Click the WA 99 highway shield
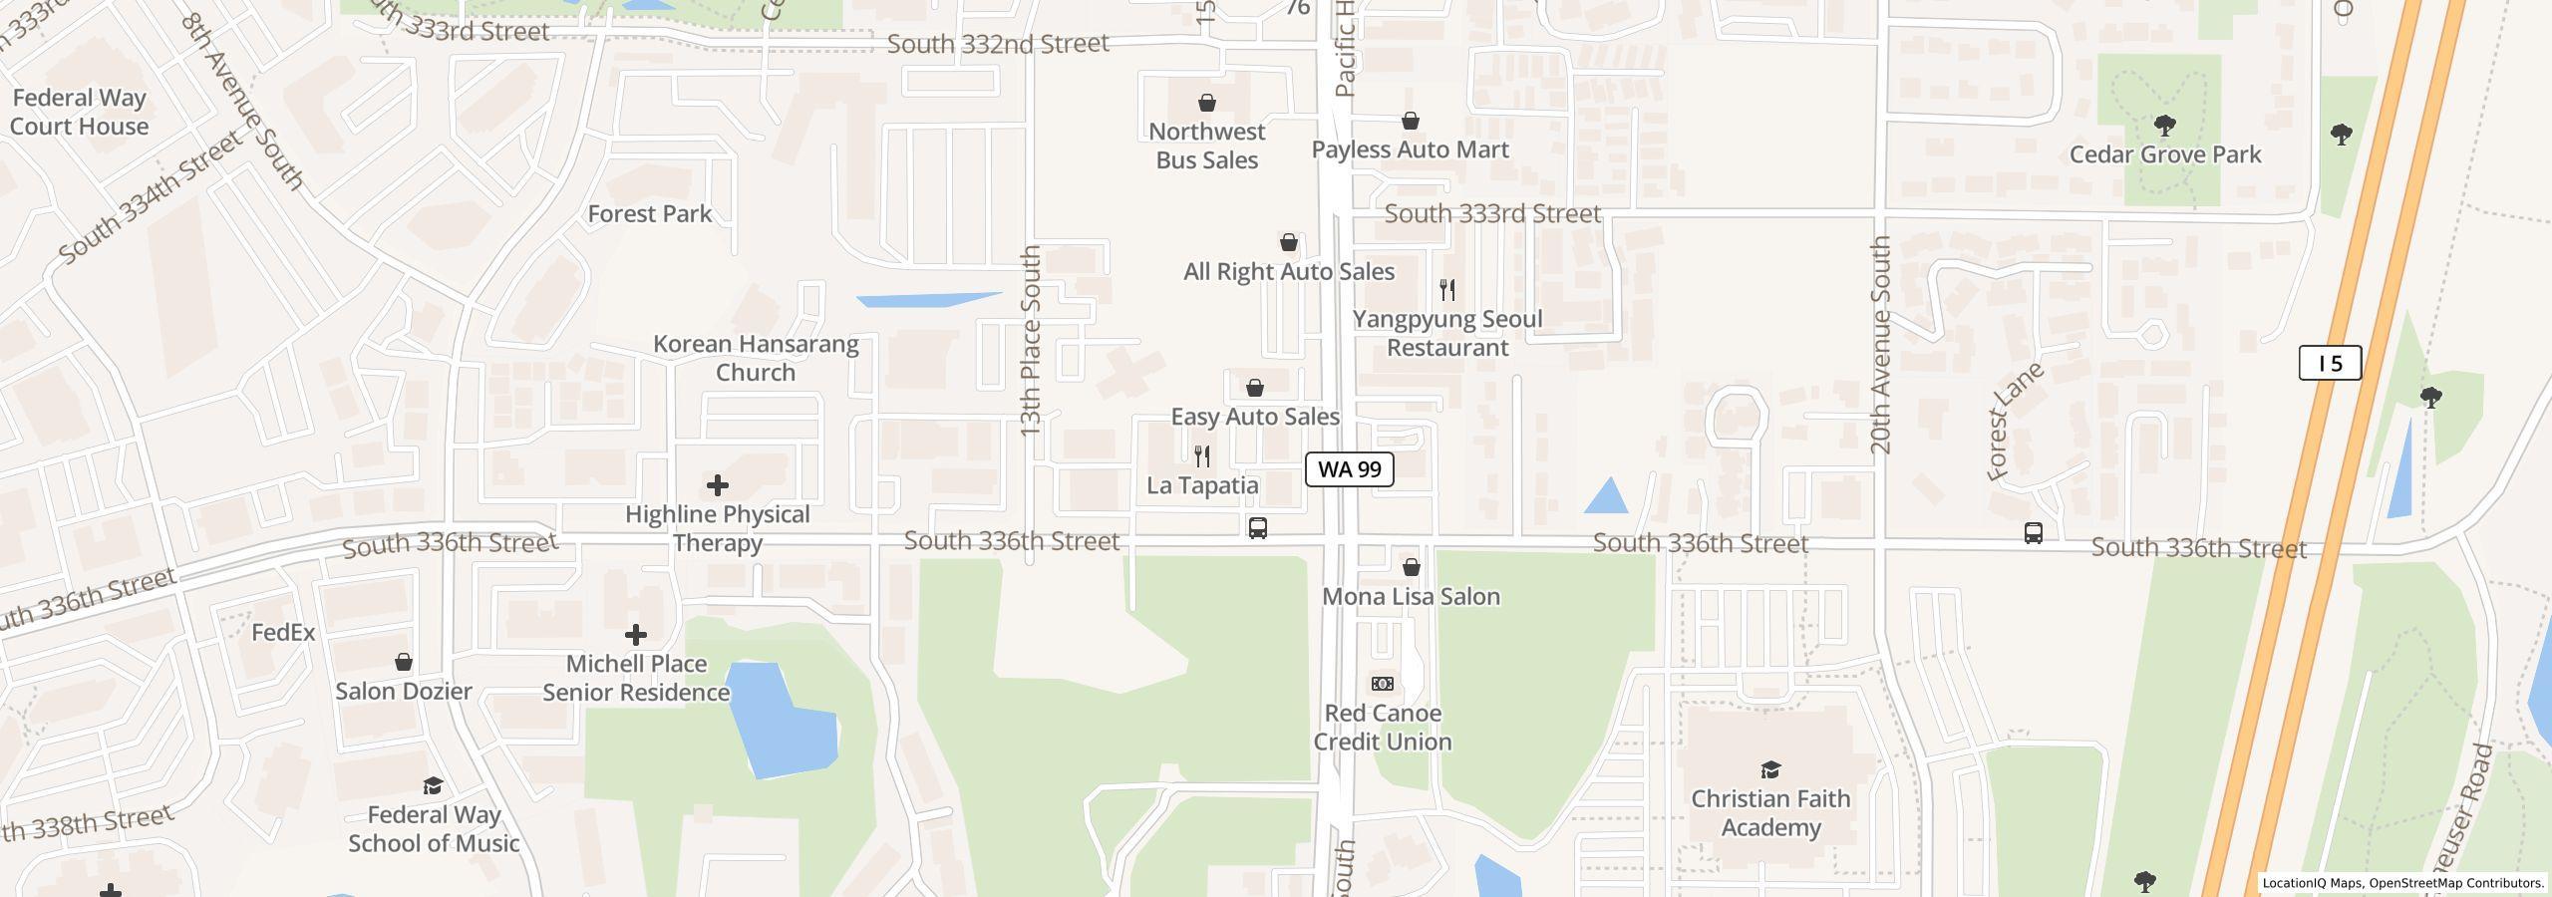(1349, 469)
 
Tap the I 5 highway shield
(2329, 363)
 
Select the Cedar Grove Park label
(2164, 154)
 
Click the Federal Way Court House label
(79, 112)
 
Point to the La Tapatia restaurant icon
(1202, 456)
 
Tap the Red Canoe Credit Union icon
(1382, 684)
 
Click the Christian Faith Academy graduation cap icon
(1770, 769)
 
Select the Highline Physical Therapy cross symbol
(717, 485)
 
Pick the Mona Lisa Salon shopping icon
(1411, 567)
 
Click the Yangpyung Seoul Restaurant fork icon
(1447, 290)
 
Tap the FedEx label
(283, 632)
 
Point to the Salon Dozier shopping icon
(404, 662)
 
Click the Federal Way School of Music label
(434, 829)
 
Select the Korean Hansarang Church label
(756, 358)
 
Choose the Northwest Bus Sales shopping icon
(1206, 103)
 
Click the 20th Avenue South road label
(1880, 345)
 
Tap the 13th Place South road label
(1030, 340)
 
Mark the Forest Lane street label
(2014, 422)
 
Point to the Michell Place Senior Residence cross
(635, 634)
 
